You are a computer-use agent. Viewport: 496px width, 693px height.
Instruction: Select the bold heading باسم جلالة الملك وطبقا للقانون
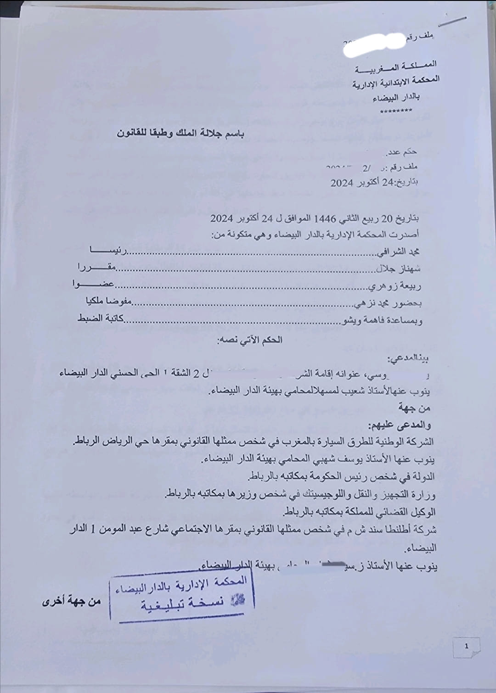(180, 134)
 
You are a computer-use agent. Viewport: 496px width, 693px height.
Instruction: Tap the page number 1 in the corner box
(467, 646)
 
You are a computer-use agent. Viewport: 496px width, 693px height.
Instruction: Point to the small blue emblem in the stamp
(237, 600)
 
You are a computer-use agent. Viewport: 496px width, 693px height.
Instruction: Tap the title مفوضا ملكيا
(109, 301)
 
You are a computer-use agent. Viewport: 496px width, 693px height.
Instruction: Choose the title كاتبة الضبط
(101, 318)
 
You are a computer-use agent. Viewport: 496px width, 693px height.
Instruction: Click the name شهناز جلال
(398, 268)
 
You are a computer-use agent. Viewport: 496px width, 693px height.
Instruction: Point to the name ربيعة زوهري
(394, 286)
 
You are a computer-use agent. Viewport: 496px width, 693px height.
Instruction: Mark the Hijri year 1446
(325, 218)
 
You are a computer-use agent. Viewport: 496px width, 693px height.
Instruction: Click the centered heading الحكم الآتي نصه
(249, 340)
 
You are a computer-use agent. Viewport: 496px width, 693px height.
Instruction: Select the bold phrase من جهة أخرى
(72, 601)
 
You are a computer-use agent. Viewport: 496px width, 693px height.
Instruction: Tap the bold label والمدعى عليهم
(399, 425)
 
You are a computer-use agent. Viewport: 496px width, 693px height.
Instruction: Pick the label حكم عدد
(402, 152)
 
